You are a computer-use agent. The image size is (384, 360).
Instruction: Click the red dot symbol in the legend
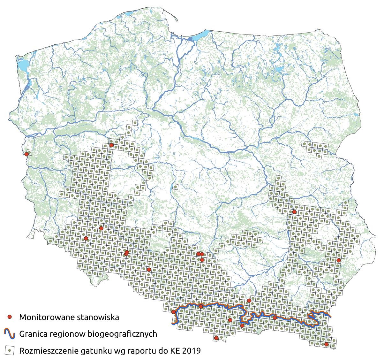point(10,317)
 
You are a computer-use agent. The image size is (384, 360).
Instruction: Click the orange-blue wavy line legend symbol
point(10,334)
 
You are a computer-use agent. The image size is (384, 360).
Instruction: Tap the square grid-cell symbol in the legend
point(10,350)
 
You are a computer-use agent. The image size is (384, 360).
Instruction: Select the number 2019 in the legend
point(192,351)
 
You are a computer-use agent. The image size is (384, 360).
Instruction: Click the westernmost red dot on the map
point(26,154)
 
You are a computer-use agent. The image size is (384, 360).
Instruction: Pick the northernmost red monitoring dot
point(111,145)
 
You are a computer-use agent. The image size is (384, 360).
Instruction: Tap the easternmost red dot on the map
point(339,260)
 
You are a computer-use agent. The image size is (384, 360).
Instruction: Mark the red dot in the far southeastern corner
point(326,344)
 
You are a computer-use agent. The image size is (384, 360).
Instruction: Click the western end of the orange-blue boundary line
point(173,324)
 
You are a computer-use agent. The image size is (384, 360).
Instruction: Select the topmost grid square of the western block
point(135,123)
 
